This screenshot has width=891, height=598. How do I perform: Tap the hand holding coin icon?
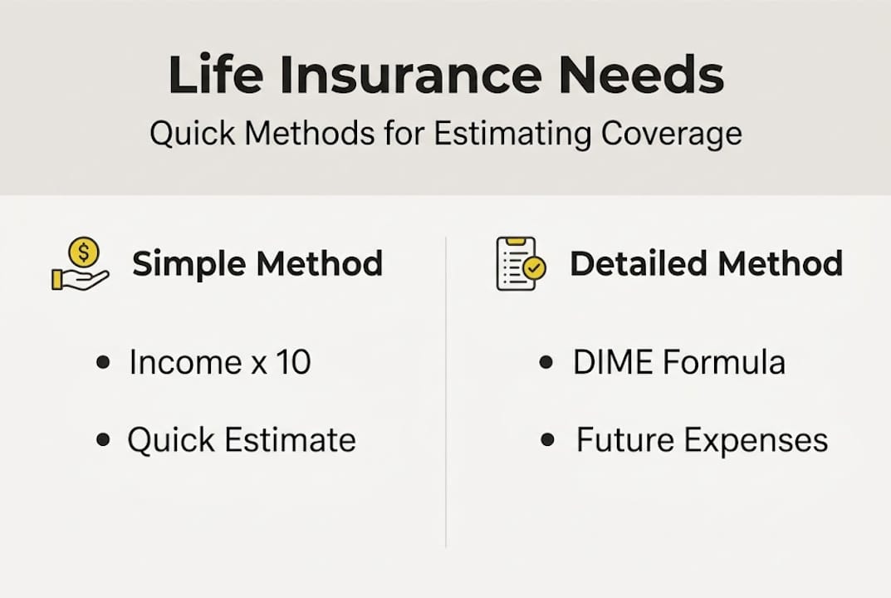80,265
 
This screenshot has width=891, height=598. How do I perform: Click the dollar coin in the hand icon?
84,251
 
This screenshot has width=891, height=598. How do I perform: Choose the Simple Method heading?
257,264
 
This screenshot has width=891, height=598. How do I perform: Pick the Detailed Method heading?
706,264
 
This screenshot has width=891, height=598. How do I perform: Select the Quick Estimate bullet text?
241,440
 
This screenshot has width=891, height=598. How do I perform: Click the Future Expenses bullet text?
702,440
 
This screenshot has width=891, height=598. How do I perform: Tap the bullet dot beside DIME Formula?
546,363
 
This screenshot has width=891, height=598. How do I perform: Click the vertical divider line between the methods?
446,390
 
